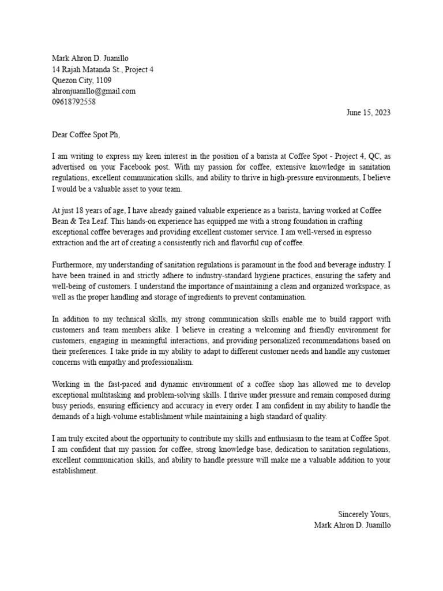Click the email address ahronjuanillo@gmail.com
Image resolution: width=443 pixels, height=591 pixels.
(93, 91)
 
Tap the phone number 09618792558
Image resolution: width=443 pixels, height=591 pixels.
(74, 102)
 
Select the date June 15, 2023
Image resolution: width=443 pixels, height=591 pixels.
(368, 113)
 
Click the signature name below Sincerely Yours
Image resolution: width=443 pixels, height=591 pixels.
(352, 525)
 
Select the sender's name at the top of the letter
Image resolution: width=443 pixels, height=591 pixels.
(91, 58)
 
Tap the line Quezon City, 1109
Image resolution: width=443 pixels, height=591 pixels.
(82, 80)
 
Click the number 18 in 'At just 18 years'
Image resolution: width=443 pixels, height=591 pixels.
(87, 211)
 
